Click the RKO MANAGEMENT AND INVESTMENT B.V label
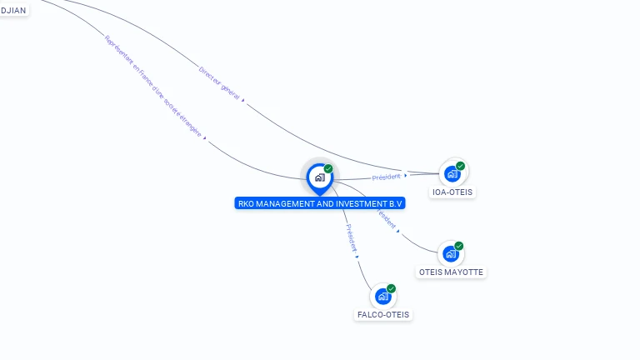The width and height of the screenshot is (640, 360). pyautogui.click(x=320, y=203)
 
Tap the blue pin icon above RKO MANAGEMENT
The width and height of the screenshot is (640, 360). pyautogui.click(x=319, y=177)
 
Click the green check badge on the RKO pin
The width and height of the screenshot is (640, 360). pyautogui.click(x=328, y=168)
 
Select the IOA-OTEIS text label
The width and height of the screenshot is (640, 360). pyautogui.click(x=452, y=192)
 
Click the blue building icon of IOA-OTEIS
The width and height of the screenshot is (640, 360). pyautogui.click(x=452, y=173)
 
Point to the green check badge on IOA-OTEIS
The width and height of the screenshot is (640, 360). pyautogui.click(x=460, y=166)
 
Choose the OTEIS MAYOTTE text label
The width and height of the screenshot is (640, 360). pyautogui.click(x=451, y=272)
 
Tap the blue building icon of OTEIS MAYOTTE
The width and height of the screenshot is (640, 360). pyautogui.click(x=450, y=253)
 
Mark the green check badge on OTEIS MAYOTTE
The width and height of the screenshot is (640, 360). pyautogui.click(x=458, y=246)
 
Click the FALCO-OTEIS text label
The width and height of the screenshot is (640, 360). pyautogui.click(x=383, y=315)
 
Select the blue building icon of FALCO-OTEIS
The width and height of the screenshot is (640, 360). pyautogui.click(x=382, y=296)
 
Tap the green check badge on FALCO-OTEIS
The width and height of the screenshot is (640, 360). pyautogui.click(x=391, y=288)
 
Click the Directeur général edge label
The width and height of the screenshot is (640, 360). pyautogui.click(x=219, y=82)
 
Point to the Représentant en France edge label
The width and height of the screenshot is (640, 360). pyautogui.click(x=153, y=86)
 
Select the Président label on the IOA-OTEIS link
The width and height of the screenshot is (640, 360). pyautogui.click(x=386, y=177)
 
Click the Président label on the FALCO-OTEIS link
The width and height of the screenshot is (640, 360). pyautogui.click(x=351, y=237)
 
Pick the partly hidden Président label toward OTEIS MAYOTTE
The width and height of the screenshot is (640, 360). pyautogui.click(x=387, y=219)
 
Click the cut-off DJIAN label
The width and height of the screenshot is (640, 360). pyautogui.click(x=13, y=10)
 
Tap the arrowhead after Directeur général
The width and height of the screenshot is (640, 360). pyautogui.click(x=243, y=99)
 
